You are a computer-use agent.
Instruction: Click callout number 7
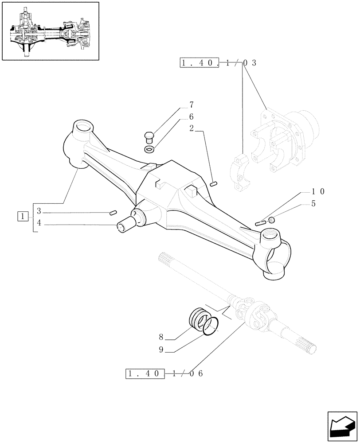[x=192, y=105]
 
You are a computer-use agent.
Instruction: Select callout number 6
[x=192, y=117]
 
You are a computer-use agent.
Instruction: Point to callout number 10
[x=318, y=192]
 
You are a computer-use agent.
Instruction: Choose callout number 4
[x=39, y=223]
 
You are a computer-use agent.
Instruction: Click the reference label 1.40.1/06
[x=164, y=374]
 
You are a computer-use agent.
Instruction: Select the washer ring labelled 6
[x=150, y=148]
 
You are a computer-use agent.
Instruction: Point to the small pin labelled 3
[x=113, y=213]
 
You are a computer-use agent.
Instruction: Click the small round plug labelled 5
[x=272, y=220]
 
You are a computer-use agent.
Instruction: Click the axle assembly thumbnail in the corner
[x=50, y=31]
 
